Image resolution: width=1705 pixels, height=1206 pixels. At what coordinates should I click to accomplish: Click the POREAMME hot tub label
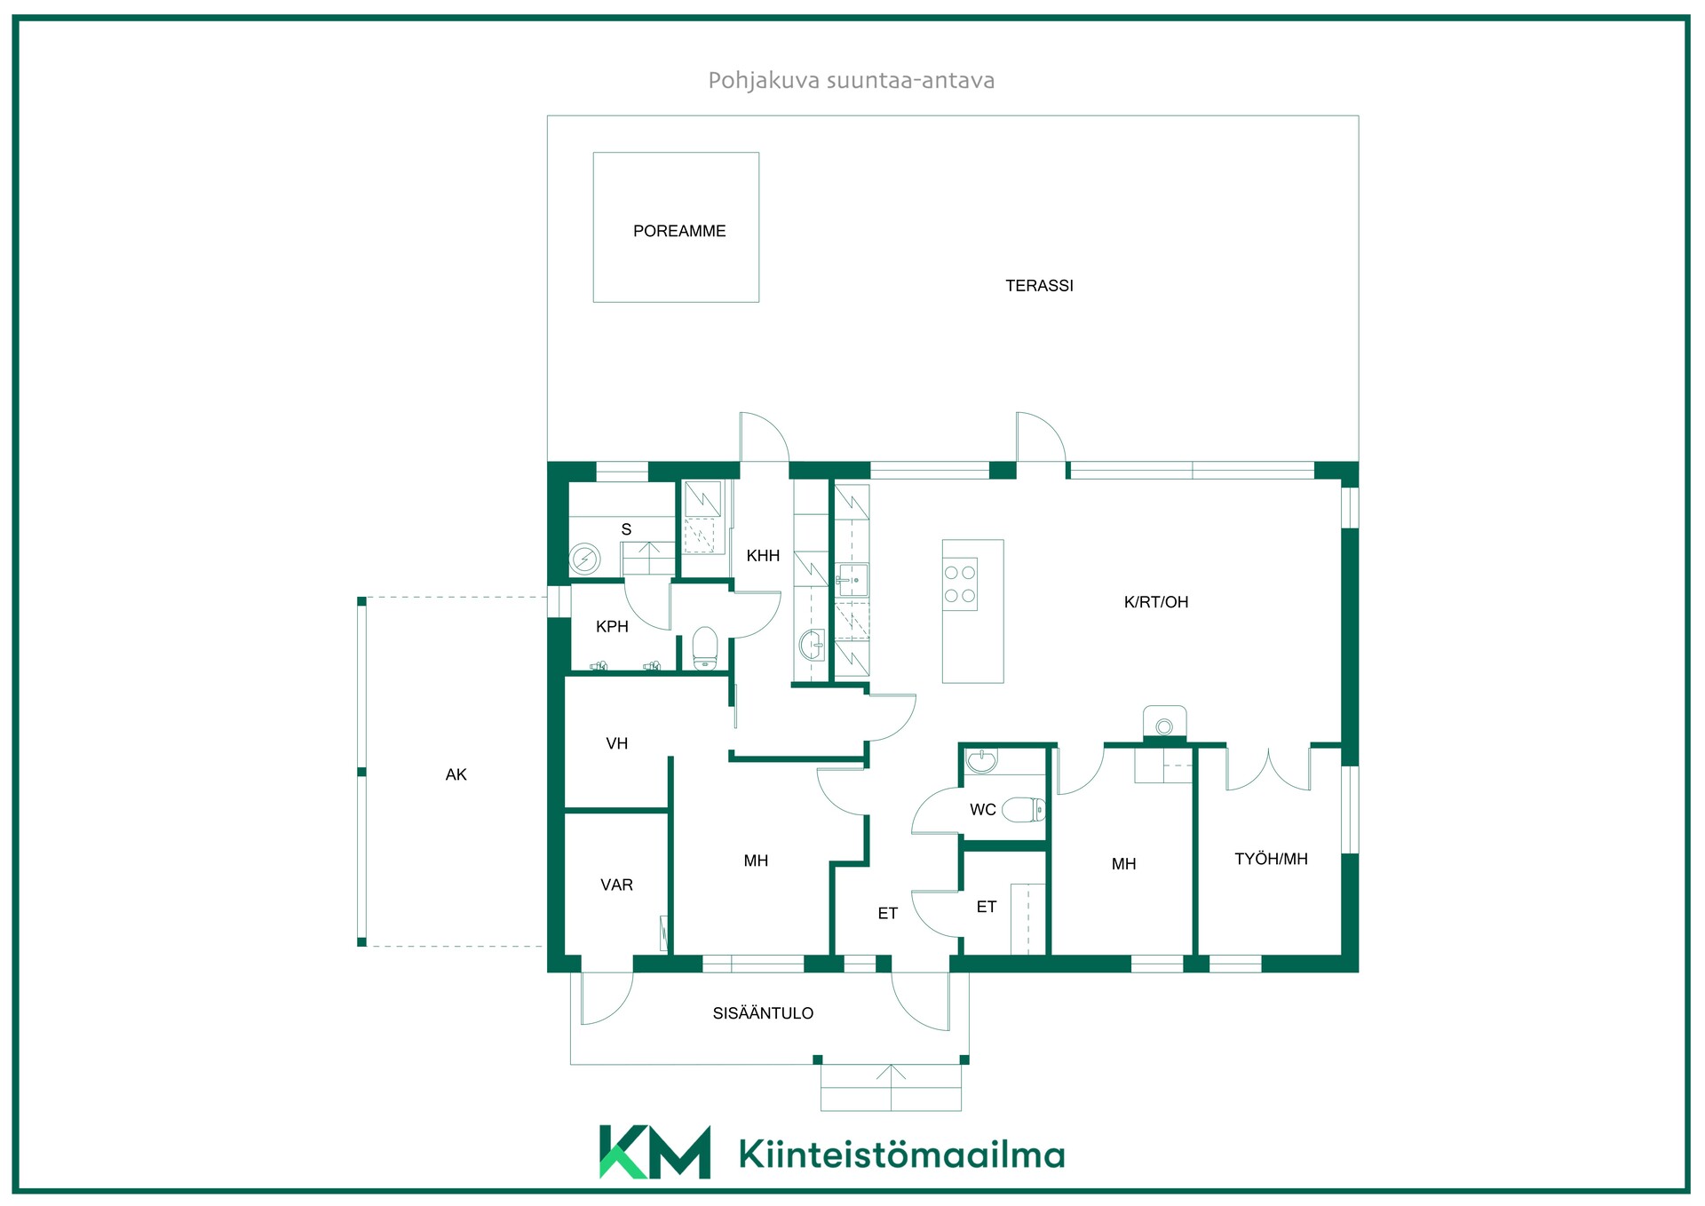pyautogui.click(x=679, y=231)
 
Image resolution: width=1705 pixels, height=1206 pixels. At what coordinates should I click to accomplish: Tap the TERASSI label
pyautogui.click(x=1039, y=286)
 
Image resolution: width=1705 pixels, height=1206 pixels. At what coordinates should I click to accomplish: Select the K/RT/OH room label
pyautogui.click(x=1156, y=602)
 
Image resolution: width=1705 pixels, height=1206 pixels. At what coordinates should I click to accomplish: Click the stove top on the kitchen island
pyautogui.click(x=960, y=584)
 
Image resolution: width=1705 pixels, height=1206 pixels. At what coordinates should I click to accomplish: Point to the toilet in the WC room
pyautogui.click(x=1025, y=809)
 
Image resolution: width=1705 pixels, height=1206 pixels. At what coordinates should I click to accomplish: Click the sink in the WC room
pyautogui.click(x=981, y=761)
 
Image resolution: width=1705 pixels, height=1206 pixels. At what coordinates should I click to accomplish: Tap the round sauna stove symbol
pyautogui.click(x=584, y=559)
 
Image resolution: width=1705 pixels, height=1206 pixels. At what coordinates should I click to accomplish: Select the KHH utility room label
pyautogui.click(x=763, y=556)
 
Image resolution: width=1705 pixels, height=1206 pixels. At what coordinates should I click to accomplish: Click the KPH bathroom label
pyautogui.click(x=612, y=627)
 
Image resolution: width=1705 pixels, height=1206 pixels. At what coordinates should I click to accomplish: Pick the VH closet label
pyautogui.click(x=616, y=744)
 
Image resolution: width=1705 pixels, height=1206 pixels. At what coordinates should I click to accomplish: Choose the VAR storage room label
pyautogui.click(x=616, y=885)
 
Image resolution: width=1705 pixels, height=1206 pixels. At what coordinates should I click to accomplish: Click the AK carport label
pyautogui.click(x=456, y=775)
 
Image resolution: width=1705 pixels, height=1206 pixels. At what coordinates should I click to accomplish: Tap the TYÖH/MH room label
pyautogui.click(x=1271, y=859)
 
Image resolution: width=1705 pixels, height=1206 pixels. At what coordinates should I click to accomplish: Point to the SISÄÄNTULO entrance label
pyautogui.click(x=763, y=1013)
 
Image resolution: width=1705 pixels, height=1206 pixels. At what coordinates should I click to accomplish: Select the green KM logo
pyautogui.click(x=655, y=1152)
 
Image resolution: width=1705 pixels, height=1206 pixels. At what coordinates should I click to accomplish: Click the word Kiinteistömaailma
pyautogui.click(x=901, y=1154)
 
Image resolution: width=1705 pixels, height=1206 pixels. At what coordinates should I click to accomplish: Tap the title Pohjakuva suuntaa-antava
pyautogui.click(x=851, y=81)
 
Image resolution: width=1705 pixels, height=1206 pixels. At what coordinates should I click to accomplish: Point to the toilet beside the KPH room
pyautogui.click(x=705, y=648)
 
